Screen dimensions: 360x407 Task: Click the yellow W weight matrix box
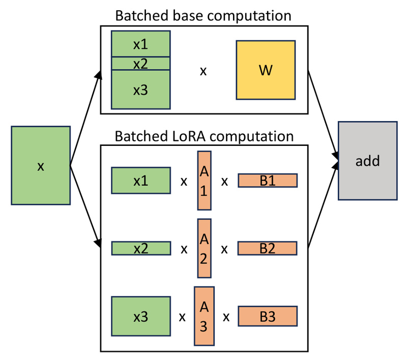tap(265, 70)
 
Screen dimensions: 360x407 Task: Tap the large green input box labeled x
tap(40, 166)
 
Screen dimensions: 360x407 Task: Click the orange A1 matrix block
tap(204, 181)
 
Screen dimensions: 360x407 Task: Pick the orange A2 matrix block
tap(204, 249)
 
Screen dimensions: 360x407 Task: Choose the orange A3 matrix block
tap(203, 316)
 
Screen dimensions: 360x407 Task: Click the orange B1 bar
tap(267, 181)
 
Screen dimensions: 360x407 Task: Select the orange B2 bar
tap(267, 249)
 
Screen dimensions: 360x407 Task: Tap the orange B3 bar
tap(267, 316)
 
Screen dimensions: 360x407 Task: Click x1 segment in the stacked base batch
tap(140, 44)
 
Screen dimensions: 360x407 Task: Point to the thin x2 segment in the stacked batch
tap(140, 64)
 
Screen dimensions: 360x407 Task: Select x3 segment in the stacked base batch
tap(140, 89)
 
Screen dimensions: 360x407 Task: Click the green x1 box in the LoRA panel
tap(140, 181)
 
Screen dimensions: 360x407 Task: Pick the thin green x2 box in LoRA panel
tap(140, 249)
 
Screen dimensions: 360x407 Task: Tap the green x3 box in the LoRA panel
tap(140, 316)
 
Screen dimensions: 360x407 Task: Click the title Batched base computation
tap(203, 15)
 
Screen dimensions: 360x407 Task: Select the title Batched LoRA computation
tap(204, 136)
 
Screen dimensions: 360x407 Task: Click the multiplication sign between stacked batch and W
tap(203, 71)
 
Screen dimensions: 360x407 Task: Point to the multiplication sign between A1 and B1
tap(224, 182)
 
